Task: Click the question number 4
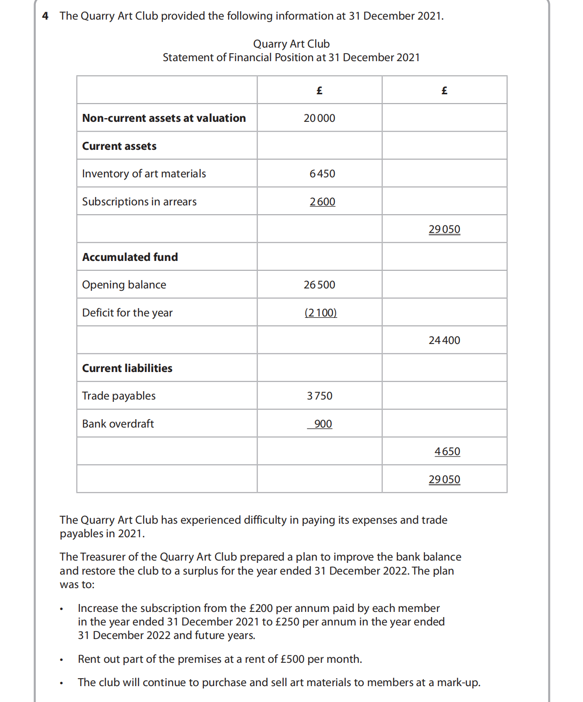(x=45, y=16)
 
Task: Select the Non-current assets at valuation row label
(x=164, y=118)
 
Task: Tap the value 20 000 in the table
(x=319, y=118)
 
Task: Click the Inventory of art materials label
(x=144, y=174)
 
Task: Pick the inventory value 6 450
(x=322, y=174)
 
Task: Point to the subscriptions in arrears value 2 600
(x=322, y=202)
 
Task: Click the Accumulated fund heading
(x=130, y=257)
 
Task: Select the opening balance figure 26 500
(x=319, y=285)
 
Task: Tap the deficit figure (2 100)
(x=321, y=313)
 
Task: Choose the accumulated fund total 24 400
(x=444, y=340)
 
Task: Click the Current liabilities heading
(x=127, y=368)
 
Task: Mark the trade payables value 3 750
(x=320, y=396)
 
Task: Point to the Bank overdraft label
(x=118, y=424)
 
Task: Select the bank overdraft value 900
(x=323, y=424)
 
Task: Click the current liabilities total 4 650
(x=447, y=451)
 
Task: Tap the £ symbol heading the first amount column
(x=319, y=91)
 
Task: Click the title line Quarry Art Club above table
(x=291, y=44)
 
